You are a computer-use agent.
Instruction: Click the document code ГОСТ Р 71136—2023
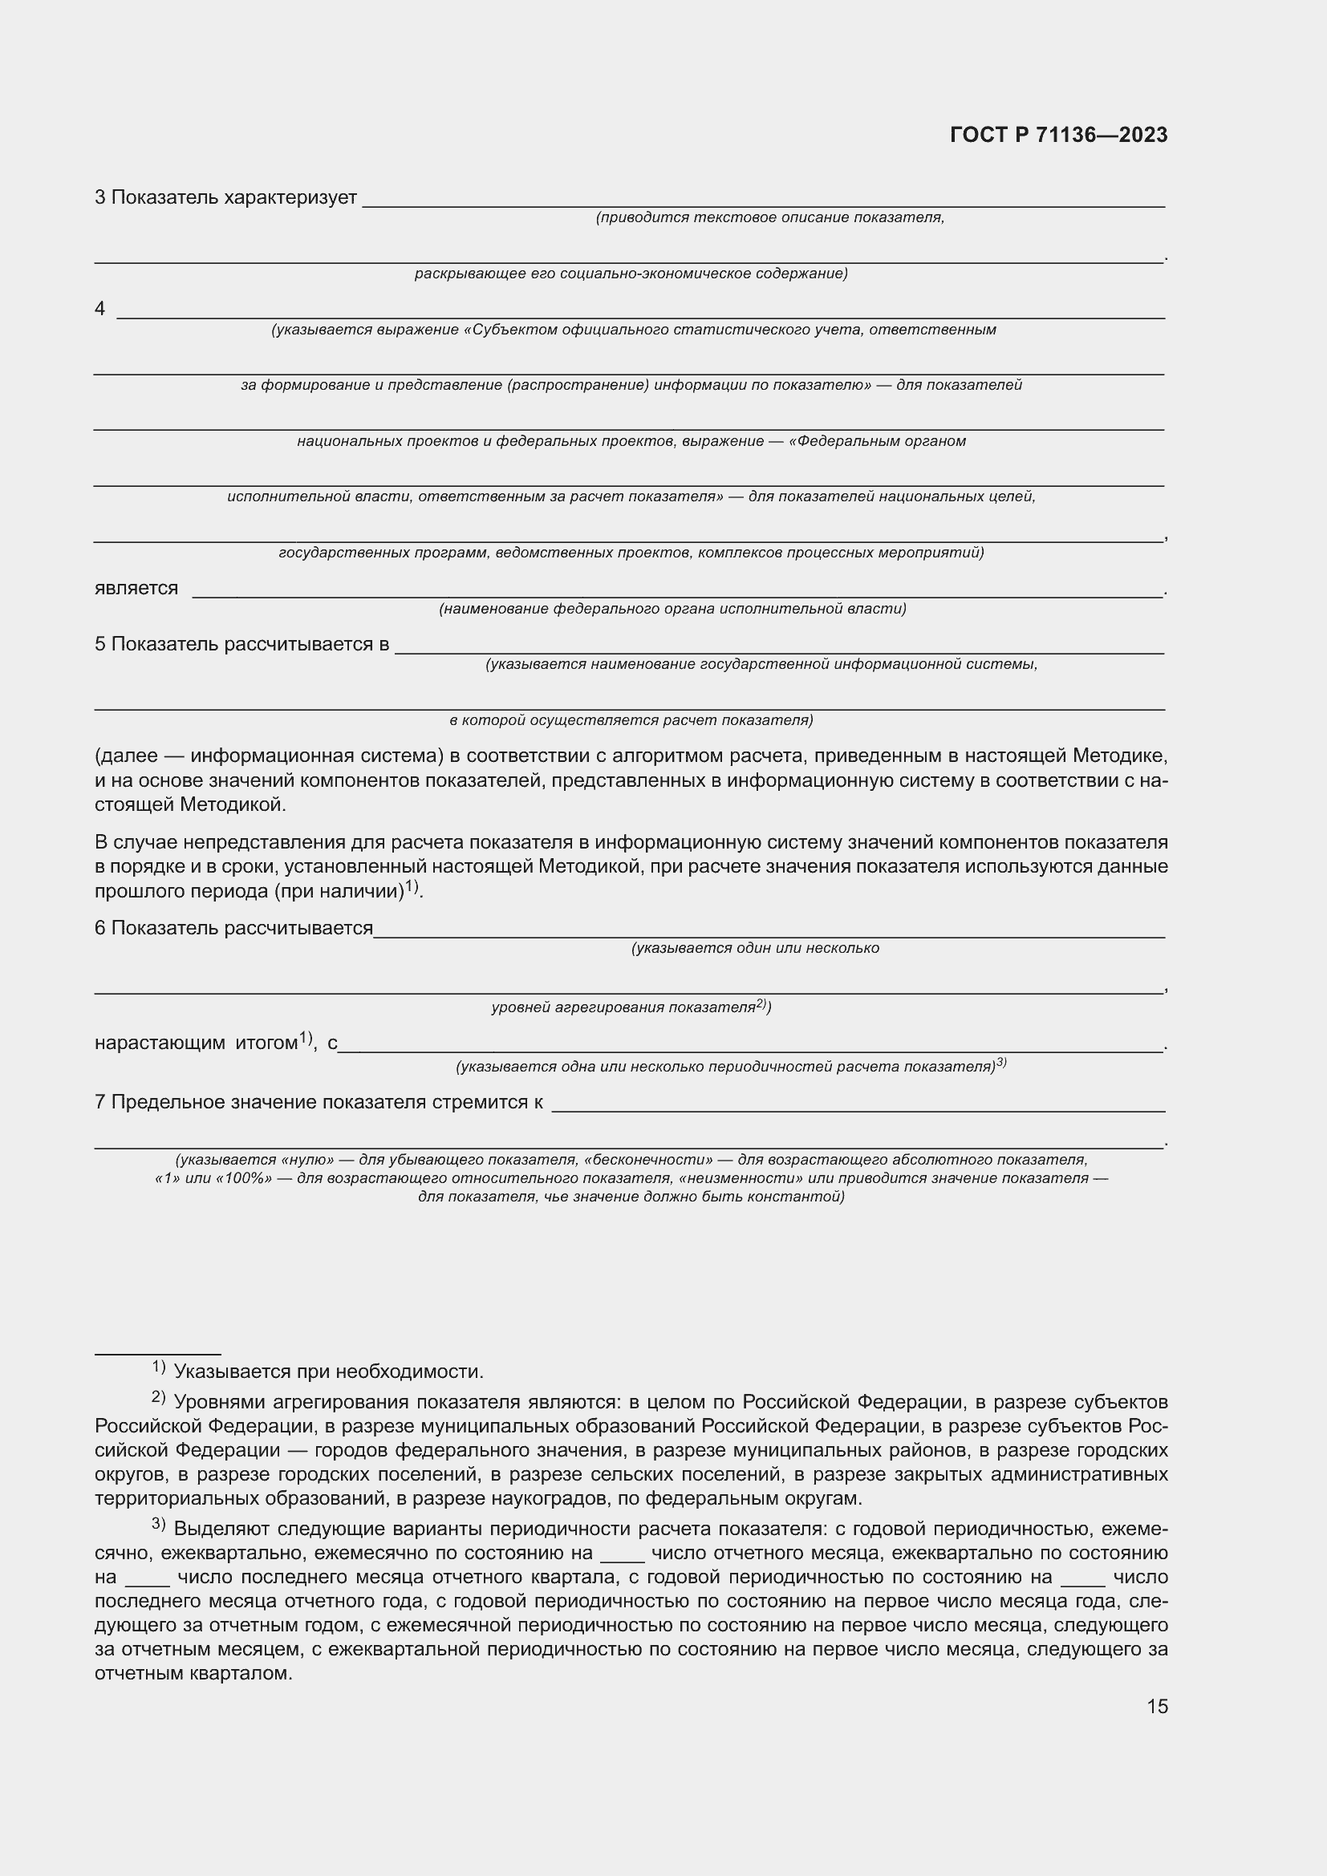pos(1058,135)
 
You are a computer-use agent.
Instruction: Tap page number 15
pos(1157,1706)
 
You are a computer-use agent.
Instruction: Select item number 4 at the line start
pos(99,309)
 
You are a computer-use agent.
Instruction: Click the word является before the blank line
pos(136,588)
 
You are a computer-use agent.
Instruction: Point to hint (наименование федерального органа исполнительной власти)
pos(672,609)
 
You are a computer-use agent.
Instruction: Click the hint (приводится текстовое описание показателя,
pos(769,217)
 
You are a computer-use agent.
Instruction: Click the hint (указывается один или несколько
pos(754,948)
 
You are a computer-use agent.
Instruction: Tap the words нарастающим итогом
pos(196,1043)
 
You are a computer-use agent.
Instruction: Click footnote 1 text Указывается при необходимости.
pos(328,1372)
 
